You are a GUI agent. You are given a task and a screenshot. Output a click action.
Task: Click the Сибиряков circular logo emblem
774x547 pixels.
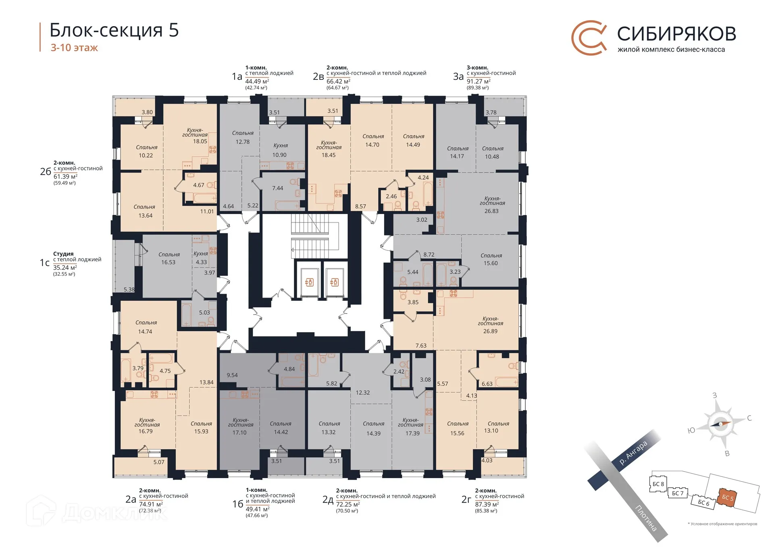click(x=589, y=38)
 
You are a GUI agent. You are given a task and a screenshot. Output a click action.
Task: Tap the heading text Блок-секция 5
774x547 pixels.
click(x=114, y=30)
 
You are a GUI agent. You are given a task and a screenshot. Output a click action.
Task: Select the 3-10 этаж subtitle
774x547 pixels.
click(x=74, y=48)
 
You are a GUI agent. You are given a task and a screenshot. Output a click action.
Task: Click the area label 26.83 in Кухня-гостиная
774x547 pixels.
click(x=491, y=211)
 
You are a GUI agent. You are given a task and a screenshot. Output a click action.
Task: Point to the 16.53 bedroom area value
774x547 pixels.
click(x=168, y=262)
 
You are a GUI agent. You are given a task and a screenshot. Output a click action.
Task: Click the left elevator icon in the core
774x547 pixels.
click(x=310, y=282)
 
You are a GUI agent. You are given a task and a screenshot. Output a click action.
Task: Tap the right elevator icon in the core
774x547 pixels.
click(x=334, y=282)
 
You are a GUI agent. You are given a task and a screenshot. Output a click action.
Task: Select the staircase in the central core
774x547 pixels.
click(x=319, y=236)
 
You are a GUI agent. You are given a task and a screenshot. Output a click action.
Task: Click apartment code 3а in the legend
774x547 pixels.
click(x=458, y=77)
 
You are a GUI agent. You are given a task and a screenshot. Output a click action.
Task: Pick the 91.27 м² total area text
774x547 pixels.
click(x=478, y=81)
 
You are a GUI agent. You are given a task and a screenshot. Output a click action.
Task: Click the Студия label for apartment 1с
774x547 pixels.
click(x=63, y=254)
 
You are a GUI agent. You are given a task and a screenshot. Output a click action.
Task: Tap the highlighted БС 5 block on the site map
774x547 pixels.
click(x=727, y=498)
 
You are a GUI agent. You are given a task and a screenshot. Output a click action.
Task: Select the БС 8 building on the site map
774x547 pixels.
click(x=658, y=484)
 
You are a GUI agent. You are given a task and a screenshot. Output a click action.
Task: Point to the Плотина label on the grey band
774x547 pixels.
click(x=646, y=518)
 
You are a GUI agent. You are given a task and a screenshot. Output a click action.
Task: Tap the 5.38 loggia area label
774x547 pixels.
click(x=129, y=289)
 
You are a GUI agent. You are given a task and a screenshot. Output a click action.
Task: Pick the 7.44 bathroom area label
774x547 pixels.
click(x=277, y=188)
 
